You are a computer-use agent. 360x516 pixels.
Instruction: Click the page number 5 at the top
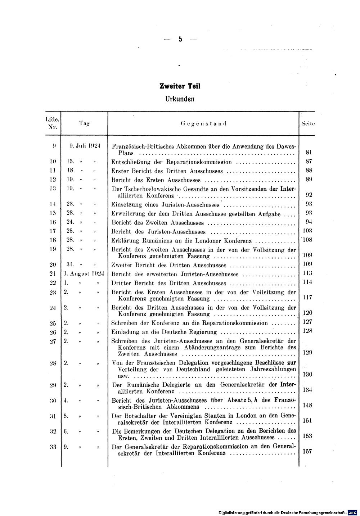click(180, 40)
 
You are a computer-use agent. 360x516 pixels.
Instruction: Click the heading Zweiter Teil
click(180, 86)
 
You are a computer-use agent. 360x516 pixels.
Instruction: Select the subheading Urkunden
click(180, 98)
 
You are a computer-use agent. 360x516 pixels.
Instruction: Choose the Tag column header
click(84, 123)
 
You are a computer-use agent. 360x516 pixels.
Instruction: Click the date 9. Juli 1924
click(84, 146)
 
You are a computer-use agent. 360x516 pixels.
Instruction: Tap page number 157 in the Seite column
click(307, 452)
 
